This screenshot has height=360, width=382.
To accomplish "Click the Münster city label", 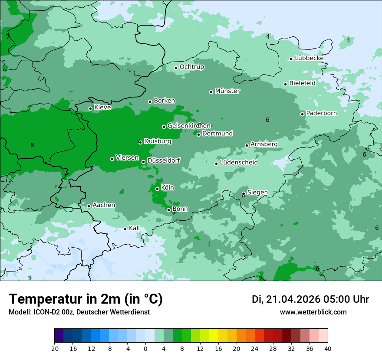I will click(227, 91).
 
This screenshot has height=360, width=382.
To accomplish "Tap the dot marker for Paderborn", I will click(303, 114).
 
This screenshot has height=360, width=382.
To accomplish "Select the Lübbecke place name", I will click(309, 58).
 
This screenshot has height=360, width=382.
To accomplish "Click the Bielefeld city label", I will click(302, 83).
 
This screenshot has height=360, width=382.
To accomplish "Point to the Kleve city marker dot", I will click(91, 109).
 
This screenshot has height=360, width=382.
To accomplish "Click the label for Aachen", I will click(104, 205).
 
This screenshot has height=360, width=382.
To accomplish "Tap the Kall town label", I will click(135, 228).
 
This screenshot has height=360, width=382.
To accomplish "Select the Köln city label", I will click(168, 188).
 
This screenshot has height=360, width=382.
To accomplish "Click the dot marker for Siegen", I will click(244, 194).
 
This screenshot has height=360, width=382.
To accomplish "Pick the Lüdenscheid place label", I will click(239, 163).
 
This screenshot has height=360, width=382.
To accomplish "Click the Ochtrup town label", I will click(191, 67).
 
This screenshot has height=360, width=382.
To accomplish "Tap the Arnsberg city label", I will click(264, 144).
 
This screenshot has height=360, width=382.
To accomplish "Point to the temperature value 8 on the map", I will click(32, 145).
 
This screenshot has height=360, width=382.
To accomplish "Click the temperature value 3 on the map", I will click(29, 278).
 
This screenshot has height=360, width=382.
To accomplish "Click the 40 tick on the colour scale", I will click(327, 348).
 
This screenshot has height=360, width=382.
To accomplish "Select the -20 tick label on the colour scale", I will click(54, 348).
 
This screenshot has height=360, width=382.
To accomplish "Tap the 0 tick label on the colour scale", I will click(145, 348).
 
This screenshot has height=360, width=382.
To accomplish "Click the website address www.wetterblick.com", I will click(313, 312).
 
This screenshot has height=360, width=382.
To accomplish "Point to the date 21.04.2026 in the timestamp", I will click(293, 299).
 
